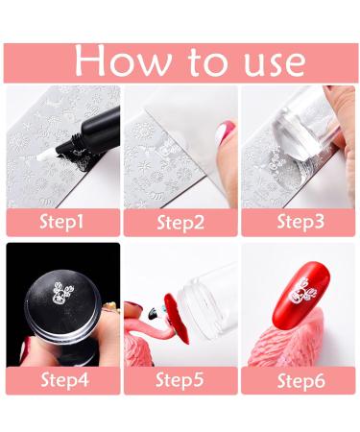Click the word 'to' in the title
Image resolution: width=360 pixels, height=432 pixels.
196,60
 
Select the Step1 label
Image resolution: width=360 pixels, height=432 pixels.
63,222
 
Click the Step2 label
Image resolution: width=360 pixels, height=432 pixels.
180,222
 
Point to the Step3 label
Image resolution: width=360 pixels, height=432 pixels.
299,222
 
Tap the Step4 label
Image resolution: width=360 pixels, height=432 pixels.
63,379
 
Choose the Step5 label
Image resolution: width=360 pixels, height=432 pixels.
180,379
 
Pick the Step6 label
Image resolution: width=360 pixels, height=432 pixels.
299,379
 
